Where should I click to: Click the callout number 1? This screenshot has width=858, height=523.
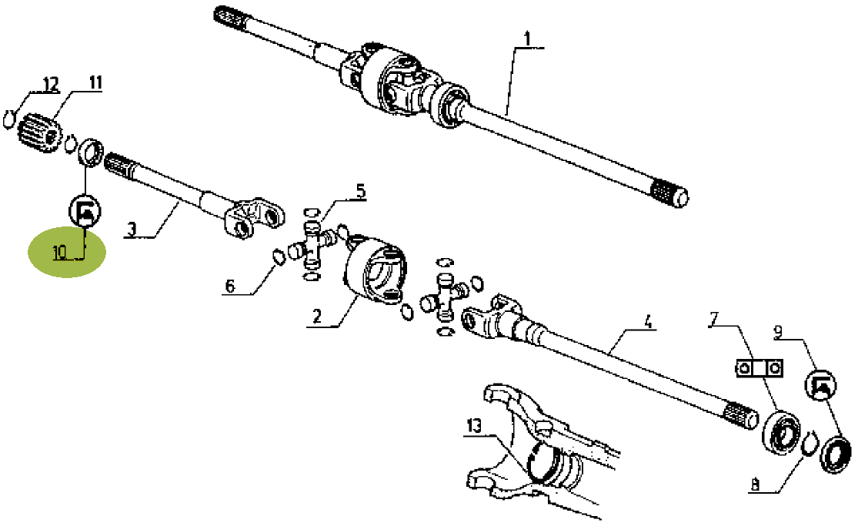pos(527,39)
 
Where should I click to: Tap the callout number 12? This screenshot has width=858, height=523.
pos(50,84)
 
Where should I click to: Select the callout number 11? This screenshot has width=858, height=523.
pos(95,82)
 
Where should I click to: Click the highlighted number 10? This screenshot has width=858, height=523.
pos(60,252)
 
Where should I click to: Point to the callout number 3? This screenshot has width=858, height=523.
pos(132,229)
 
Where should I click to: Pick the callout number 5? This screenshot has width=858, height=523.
pos(360,191)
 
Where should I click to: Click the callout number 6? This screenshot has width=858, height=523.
pos(230,286)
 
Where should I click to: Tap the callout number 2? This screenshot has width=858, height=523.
pos(316,317)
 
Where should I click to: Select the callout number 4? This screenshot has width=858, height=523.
pos(648,321)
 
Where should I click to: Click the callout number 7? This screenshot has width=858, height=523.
pos(713,318)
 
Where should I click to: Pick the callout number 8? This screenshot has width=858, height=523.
pos(756,484)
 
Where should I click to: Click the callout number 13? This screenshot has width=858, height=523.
pos(474,425)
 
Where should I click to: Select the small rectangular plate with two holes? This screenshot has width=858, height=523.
pos(759,368)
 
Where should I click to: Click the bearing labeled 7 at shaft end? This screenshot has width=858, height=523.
pos(782,430)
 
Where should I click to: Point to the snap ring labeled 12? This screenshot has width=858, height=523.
pos(8,119)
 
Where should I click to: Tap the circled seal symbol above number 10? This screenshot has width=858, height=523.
pos(85,210)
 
